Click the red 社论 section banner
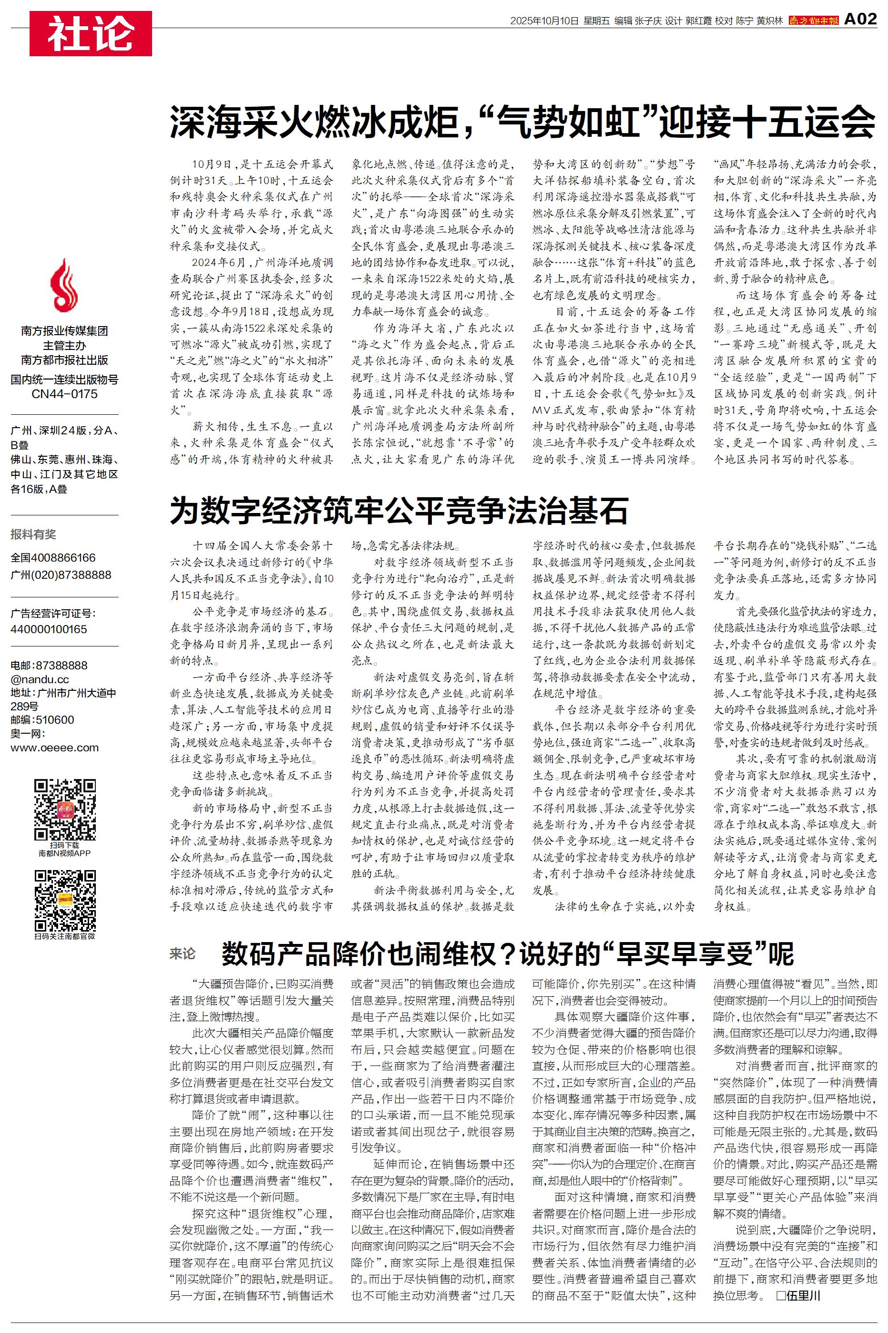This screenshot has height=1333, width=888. coord(91,33)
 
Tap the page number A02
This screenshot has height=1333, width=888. coord(860,20)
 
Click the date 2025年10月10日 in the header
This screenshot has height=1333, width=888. coord(544,21)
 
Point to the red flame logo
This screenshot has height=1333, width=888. coord(64,286)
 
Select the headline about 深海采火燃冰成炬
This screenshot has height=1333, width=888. coord(522,122)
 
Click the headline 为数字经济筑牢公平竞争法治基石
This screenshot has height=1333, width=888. coord(398,511)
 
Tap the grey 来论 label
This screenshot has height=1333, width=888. coord(183,954)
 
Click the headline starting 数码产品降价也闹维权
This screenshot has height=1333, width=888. coord(508,954)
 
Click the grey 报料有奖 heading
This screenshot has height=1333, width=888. coord(33,534)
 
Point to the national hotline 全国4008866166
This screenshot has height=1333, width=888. coord(53,558)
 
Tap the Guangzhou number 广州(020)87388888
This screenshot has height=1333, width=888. coord(61,575)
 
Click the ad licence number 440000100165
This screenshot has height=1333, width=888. coord(49,629)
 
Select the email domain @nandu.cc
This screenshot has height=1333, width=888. coord(40,679)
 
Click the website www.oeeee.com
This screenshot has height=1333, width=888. coord(54,748)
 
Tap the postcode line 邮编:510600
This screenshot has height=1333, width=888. coord(42,720)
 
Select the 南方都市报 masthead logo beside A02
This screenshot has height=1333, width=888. coord(814,21)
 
